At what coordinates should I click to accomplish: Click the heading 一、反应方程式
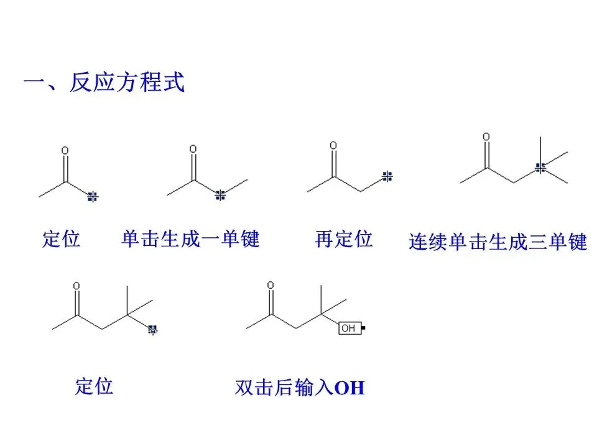(104, 83)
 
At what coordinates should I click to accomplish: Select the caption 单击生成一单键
(190, 238)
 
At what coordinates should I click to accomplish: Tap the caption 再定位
(343, 238)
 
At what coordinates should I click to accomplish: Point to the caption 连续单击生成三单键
(497, 242)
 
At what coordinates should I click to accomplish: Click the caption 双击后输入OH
(299, 388)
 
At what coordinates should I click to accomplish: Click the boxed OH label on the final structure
(348, 327)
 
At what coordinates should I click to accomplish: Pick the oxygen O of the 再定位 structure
(333, 146)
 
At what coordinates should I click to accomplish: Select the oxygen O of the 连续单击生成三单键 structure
(486, 137)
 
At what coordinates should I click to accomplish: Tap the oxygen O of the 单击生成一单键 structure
(193, 149)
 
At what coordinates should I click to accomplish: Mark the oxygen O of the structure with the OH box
(271, 285)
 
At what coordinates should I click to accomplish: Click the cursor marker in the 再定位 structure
(387, 176)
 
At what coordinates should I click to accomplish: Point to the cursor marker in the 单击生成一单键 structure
(220, 196)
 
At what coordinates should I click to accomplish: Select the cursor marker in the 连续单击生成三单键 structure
(540, 166)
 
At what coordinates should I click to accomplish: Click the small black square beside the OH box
(363, 327)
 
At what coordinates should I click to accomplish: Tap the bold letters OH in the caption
(349, 389)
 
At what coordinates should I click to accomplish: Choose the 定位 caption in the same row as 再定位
(61, 239)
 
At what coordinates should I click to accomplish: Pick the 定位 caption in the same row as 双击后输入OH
(94, 386)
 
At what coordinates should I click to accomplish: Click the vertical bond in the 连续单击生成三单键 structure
(540, 149)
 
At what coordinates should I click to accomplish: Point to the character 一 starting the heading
(32, 83)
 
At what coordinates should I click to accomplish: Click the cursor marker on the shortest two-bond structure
(93, 197)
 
